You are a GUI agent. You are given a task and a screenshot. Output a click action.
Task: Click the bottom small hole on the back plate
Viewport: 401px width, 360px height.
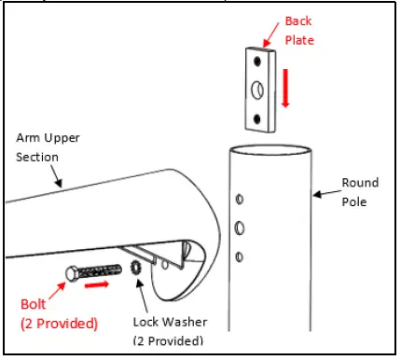(260, 118)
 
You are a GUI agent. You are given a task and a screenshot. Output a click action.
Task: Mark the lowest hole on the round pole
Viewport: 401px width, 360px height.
(241, 256)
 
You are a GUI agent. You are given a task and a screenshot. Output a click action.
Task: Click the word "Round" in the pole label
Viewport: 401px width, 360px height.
(360, 182)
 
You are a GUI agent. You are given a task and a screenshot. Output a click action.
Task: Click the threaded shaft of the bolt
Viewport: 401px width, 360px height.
(100, 271)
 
